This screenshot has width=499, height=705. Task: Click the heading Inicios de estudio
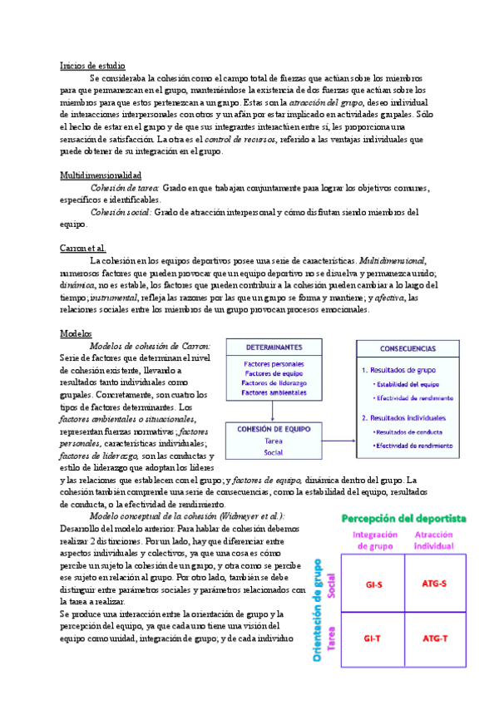pyautogui.click(x=93, y=65)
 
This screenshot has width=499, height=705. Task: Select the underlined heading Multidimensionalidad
pyautogui.click(x=101, y=175)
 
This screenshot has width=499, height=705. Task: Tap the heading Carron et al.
pyautogui.click(x=83, y=249)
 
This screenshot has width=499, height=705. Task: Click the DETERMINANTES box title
pyautogui.click(x=274, y=348)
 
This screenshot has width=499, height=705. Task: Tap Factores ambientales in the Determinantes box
pyautogui.click(x=274, y=392)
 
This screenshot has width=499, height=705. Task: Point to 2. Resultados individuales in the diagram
pyautogui.click(x=403, y=417)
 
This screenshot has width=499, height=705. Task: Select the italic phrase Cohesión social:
pyautogui.click(x=121, y=212)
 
